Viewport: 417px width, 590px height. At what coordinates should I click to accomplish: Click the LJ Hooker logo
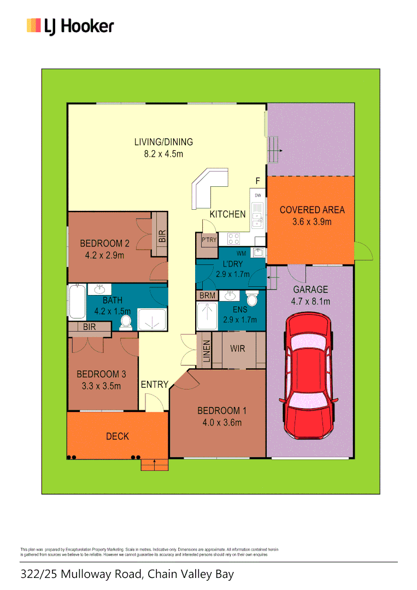pyautogui.click(x=70, y=26)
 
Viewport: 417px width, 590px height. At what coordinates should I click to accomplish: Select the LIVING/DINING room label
pyautogui.click(x=163, y=142)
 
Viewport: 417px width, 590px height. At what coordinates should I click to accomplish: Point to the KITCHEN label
pyautogui.click(x=228, y=214)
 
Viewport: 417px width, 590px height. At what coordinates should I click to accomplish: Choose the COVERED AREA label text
pyautogui.click(x=312, y=210)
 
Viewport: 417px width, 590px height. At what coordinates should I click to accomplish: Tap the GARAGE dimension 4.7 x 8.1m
pyautogui.click(x=310, y=302)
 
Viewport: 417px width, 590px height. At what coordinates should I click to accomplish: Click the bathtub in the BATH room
pyautogui.click(x=77, y=302)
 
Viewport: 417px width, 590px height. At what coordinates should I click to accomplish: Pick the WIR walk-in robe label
pyautogui.click(x=237, y=349)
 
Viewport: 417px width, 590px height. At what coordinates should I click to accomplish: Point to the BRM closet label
pyautogui.click(x=208, y=296)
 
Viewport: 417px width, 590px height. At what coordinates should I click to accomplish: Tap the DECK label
pyautogui.click(x=118, y=436)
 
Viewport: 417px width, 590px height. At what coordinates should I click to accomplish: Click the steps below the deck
pyautogui.click(x=155, y=464)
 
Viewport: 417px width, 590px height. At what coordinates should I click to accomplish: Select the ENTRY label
pyautogui.click(x=155, y=385)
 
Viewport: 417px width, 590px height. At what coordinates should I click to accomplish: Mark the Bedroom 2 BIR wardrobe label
pyautogui.click(x=162, y=235)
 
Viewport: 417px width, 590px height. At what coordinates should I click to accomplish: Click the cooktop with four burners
pyautogui.click(x=234, y=239)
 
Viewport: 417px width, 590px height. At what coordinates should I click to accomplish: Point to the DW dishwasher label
pyautogui.click(x=258, y=195)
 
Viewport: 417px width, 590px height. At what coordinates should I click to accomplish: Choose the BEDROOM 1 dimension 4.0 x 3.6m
pyautogui.click(x=219, y=422)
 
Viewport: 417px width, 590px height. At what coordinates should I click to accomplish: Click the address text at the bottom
pyautogui.click(x=127, y=574)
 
